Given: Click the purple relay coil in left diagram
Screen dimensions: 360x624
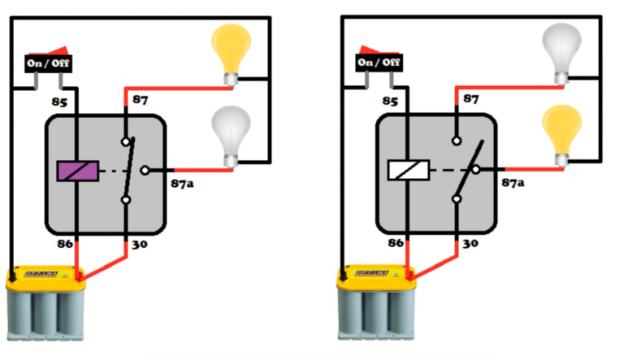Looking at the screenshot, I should click(77, 171).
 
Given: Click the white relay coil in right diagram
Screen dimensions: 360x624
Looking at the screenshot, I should click(408, 171).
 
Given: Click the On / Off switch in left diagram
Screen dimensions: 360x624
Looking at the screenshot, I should click(47, 63).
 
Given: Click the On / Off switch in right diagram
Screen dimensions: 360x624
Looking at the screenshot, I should click(379, 63).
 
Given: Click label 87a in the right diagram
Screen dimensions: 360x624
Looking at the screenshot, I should click(513, 183).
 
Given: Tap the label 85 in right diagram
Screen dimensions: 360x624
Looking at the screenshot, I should click(390, 102).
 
